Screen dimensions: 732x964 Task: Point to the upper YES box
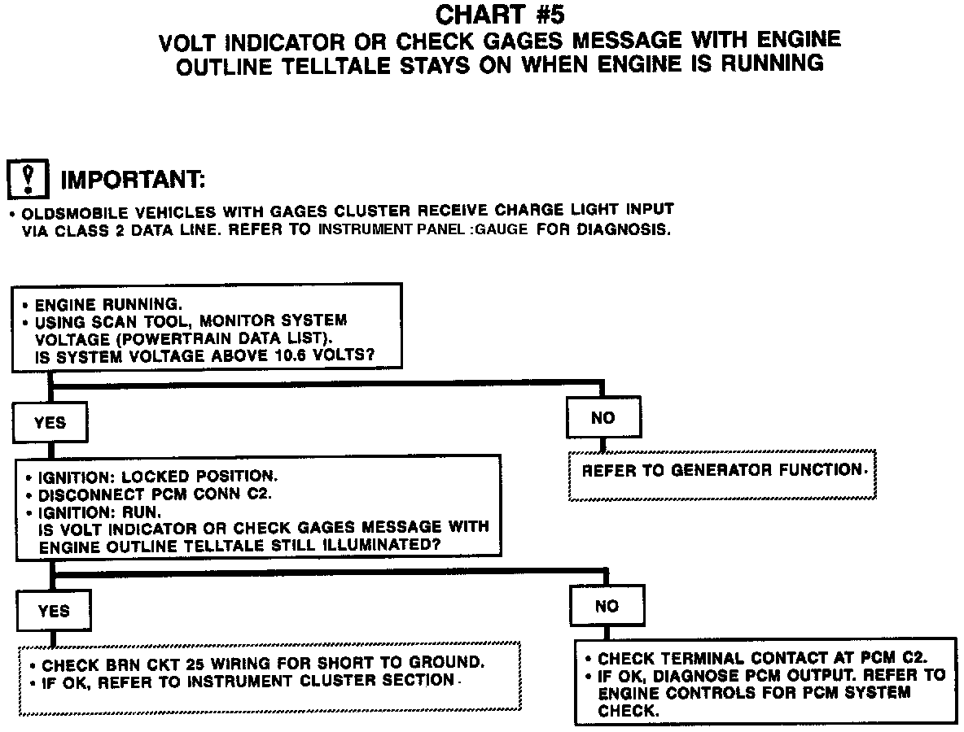point(50,423)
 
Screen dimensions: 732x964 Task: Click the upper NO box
point(603,418)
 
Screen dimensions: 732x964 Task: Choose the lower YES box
point(54,611)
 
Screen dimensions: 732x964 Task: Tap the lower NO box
point(607,606)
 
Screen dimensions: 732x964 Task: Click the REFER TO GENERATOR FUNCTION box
point(722,471)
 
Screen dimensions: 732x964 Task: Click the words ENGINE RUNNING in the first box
point(108,304)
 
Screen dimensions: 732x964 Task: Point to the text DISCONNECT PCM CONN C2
point(156,495)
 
